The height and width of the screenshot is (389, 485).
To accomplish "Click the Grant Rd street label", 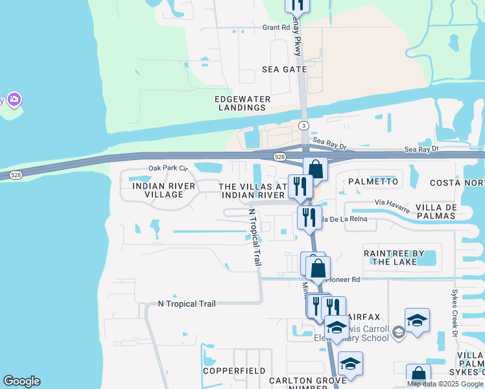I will [276, 28].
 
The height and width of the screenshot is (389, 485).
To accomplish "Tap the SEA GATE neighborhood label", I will [283, 69].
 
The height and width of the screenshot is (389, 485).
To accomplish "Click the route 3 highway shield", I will [303, 125].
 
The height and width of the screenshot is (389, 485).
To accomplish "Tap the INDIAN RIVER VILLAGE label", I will [159, 190].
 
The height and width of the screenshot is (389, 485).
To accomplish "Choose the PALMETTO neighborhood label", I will [373, 182].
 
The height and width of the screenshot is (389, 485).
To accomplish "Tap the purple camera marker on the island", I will [14, 100].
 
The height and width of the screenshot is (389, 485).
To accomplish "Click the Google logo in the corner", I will [21, 381].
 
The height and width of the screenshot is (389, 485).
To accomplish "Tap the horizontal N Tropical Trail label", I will [186, 303].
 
